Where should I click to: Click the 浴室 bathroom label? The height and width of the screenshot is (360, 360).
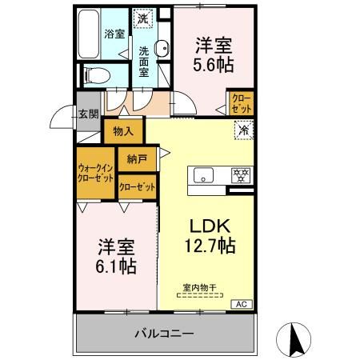pyautogui.click(x=115, y=34)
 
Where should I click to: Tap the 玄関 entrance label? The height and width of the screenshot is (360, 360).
pyautogui.click(x=88, y=114)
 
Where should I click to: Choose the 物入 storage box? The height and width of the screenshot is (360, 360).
pyautogui.click(x=123, y=130)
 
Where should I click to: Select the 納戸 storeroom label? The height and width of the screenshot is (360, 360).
pyautogui.click(x=137, y=158)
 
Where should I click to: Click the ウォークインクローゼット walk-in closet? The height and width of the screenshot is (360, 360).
pyautogui.click(x=96, y=174)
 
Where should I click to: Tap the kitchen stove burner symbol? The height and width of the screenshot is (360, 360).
pyautogui.click(x=238, y=175)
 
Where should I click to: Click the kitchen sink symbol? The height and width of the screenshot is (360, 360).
pyautogui.click(x=199, y=174)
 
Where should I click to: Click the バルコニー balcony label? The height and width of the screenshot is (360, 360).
pyautogui.click(x=163, y=332)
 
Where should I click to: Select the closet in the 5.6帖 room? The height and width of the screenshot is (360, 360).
pyautogui.click(x=241, y=103)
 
